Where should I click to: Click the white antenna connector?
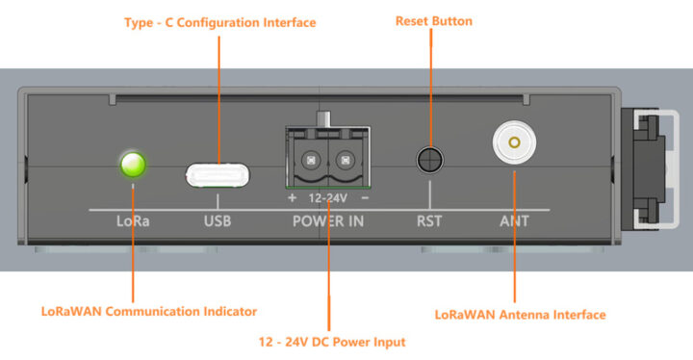click(x=513, y=144)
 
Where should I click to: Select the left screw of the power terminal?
click(x=310, y=160)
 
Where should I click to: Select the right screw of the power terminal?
click(x=344, y=160)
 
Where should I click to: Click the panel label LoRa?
click(x=133, y=220)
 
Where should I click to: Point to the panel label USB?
click(x=218, y=220)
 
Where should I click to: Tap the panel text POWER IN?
click(x=328, y=220)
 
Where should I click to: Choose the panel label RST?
click(x=429, y=220)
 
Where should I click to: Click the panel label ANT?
click(x=513, y=220)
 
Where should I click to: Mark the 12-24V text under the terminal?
click(x=327, y=198)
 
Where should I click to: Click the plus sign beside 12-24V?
click(x=292, y=198)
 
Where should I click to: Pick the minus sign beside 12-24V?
click(x=365, y=198)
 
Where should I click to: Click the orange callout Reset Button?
click(x=433, y=20)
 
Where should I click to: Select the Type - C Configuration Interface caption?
click(x=220, y=21)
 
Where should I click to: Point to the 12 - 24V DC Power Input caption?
click(x=331, y=341)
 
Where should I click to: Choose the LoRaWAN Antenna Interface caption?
click(x=520, y=314)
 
